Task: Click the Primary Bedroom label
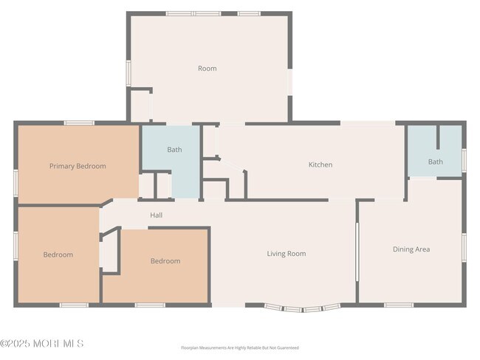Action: [x=78, y=166]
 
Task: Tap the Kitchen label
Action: [x=320, y=165]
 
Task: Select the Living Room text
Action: [x=287, y=254]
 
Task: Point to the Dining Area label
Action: [x=411, y=249]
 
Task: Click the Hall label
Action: [x=156, y=215]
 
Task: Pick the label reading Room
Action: [x=208, y=69]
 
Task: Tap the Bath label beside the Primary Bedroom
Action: [x=174, y=150]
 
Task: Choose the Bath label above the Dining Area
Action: [x=436, y=162]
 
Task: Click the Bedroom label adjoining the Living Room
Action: [x=165, y=260]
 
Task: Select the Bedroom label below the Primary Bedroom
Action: [x=58, y=255]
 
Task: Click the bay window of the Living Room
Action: [x=303, y=308]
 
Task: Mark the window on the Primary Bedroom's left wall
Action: [x=16, y=182]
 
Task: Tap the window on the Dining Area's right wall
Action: [x=464, y=249]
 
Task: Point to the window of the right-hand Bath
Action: [x=464, y=159]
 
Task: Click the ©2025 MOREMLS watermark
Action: [x=42, y=343]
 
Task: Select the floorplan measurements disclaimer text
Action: [x=240, y=347]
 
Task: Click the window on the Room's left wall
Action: [x=128, y=73]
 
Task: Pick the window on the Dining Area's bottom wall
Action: [x=400, y=305]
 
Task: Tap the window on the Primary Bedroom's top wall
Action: [x=78, y=122]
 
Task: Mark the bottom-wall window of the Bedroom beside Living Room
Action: [x=150, y=305]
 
